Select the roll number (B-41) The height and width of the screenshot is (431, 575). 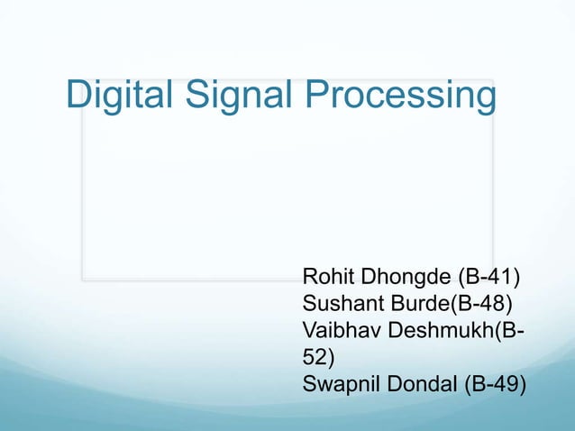[x=492, y=276]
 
